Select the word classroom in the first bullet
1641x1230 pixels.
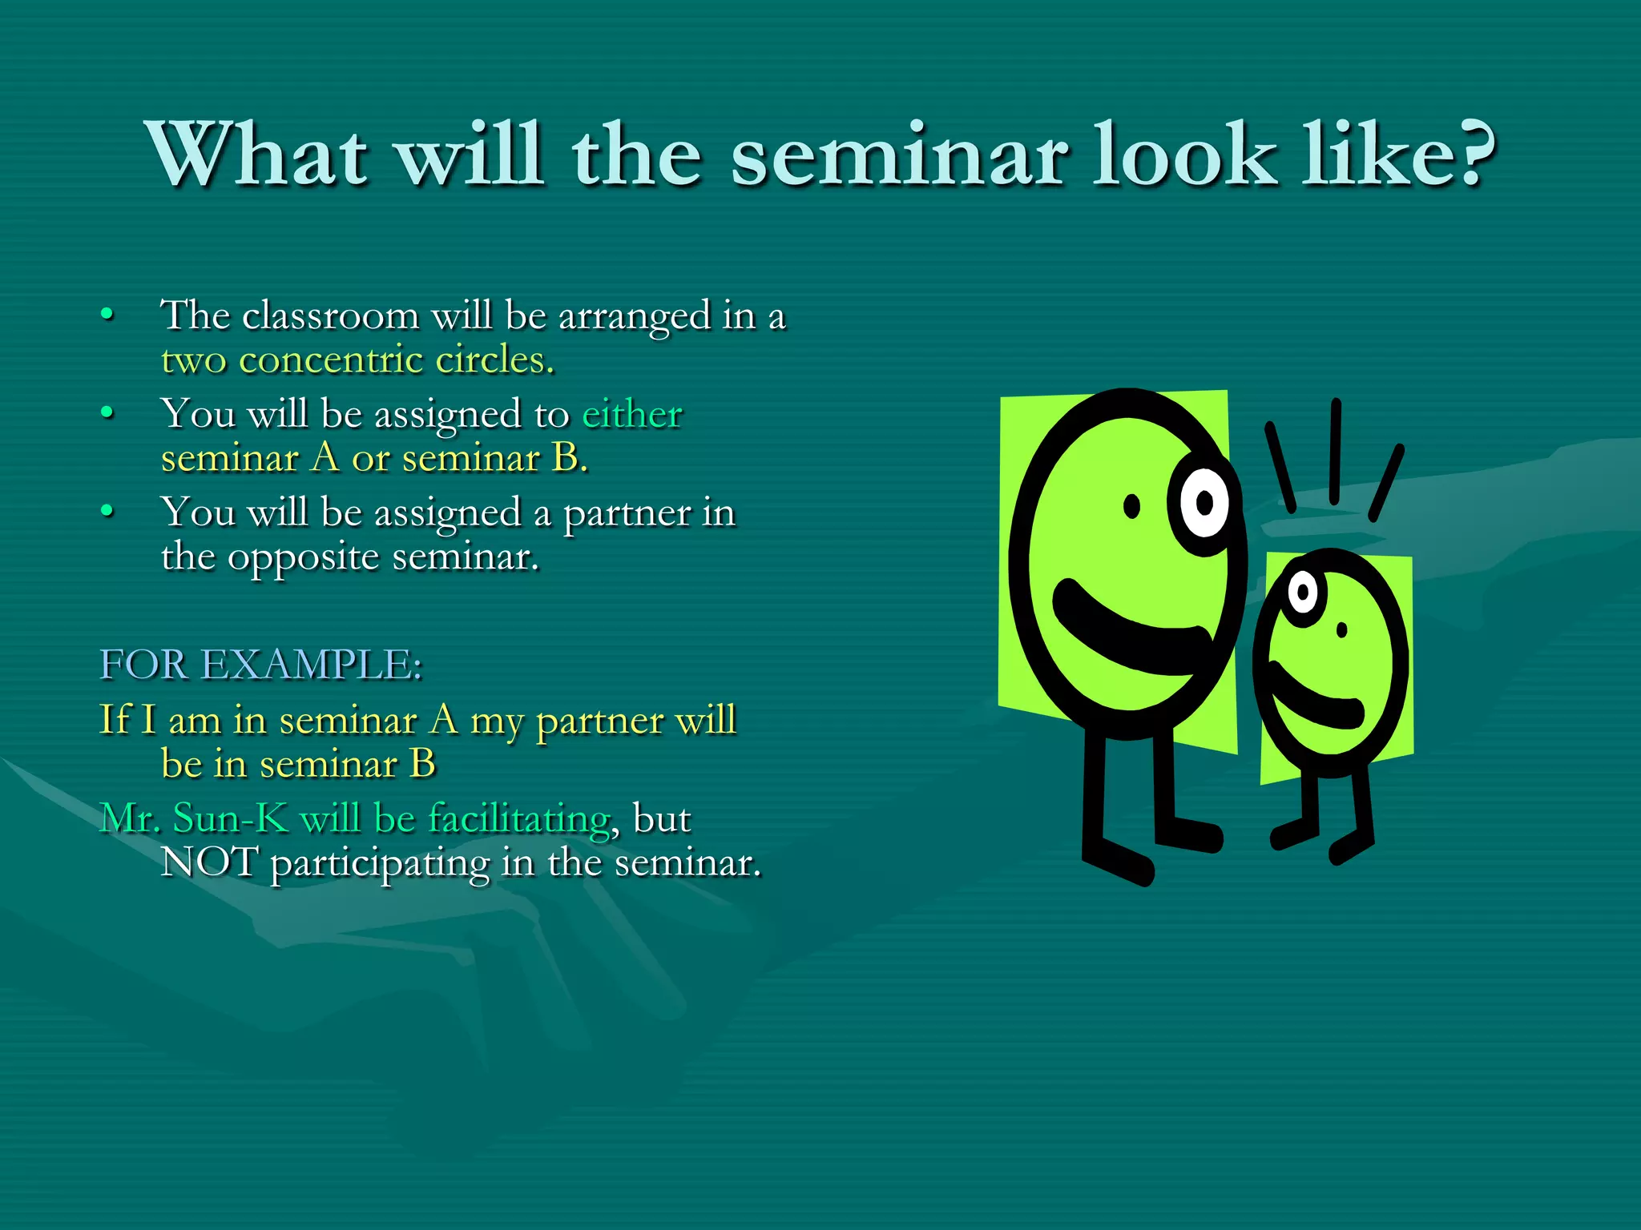330,316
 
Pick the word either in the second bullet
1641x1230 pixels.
631,414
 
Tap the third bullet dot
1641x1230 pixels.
107,510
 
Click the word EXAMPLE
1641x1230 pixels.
311,665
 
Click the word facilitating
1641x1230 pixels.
518,818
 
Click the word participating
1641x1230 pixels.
380,865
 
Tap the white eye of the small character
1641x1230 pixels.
1303,593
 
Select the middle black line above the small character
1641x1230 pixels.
1335,452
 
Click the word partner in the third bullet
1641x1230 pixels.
627,513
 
